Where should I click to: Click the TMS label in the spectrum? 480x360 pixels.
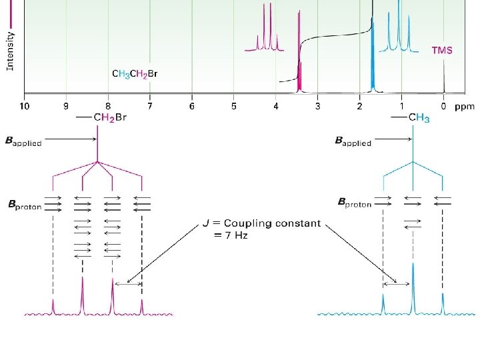tap(442, 51)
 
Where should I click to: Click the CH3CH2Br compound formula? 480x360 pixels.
tap(135, 73)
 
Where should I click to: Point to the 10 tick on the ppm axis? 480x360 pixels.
tap(24, 105)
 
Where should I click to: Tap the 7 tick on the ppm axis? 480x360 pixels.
tap(150, 105)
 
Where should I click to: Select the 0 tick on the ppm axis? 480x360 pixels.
tap(443, 105)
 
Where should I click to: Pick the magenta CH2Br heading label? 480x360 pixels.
tap(108, 118)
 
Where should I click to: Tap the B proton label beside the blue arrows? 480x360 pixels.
tap(356, 201)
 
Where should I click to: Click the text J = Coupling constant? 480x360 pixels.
tap(262, 223)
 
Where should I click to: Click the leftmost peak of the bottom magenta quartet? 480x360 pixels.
tap(53, 306)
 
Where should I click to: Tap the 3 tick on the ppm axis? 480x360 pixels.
tap(318, 105)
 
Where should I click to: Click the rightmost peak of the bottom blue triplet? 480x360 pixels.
tap(442, 303)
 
